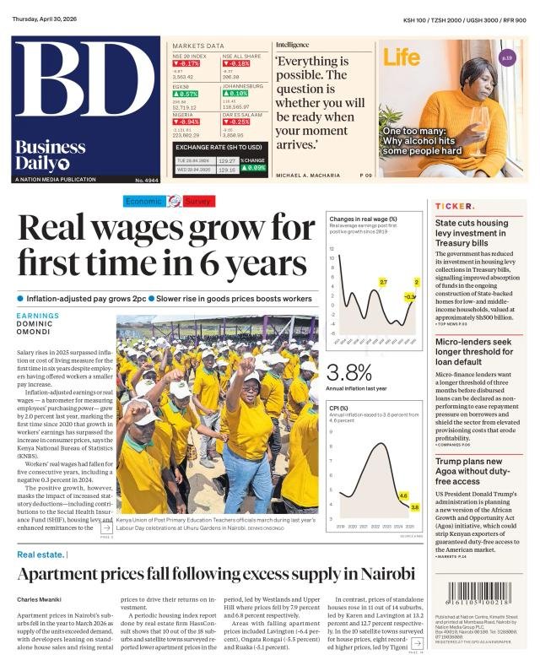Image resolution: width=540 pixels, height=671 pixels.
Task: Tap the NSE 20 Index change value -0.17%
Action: (186, 63)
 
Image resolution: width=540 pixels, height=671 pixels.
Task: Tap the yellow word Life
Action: (402, 57)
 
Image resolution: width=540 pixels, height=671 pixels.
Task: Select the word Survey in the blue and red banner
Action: (199, 201)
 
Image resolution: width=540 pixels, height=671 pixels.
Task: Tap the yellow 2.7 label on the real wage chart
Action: (382, 281)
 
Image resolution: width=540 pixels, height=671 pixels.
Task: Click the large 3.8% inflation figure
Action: (348, 372)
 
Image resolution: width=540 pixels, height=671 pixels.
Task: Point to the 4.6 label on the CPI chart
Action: (402, 495)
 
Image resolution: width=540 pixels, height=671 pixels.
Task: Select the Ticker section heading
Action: (454, 206)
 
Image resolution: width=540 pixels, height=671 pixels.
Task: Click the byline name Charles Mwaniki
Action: (38, 600)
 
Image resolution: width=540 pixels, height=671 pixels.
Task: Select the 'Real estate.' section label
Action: (41, 555)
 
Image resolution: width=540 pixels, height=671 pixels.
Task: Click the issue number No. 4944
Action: (146, 181)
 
